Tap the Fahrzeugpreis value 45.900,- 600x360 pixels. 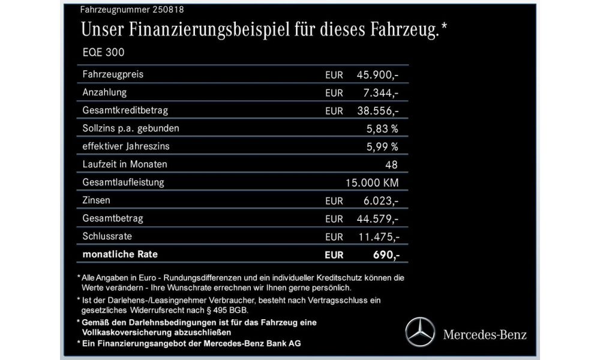pos(377,75)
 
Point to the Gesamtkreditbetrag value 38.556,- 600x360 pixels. pos(377,111)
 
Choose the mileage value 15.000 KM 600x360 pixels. pos(372,182)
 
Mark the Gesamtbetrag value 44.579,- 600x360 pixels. pos(377,218)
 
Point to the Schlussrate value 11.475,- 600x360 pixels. pos(377,236)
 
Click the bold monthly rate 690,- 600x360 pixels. pos(384,255)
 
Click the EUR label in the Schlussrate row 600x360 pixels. pos(334,236)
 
